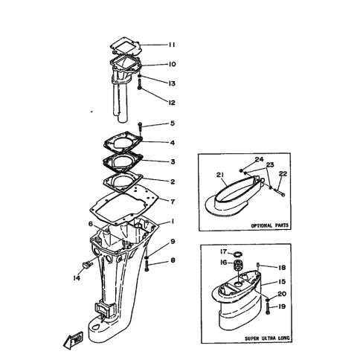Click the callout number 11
pyautogui.click(x=172, y=45)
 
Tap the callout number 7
pyautogui.click(x=173, y=202)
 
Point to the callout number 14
pyautogui.click(x=77, y=278)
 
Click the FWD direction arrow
pyautogui.click(x=74, y=340)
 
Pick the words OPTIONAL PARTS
pyautogui.click(x=270, y=225)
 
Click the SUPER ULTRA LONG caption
pyautogui.click(x=267, y=338)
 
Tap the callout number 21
pyautogui.click(x=220, y=175)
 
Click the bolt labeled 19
pyautogui.click(x=268, y=309)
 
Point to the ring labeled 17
pyautogui.click(x=238, y=254)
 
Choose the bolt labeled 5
pyautogui.click(x=140, y=127)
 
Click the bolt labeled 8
pyautogui.click(x=146, y=266)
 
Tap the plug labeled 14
pyautogui.click(x=86, y=265)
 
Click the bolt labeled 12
pyautogui.click(x=140, y=84)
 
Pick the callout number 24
pyautogui.click(x=260, y=159)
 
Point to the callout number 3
pyautogui.click(x=173, y=161)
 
